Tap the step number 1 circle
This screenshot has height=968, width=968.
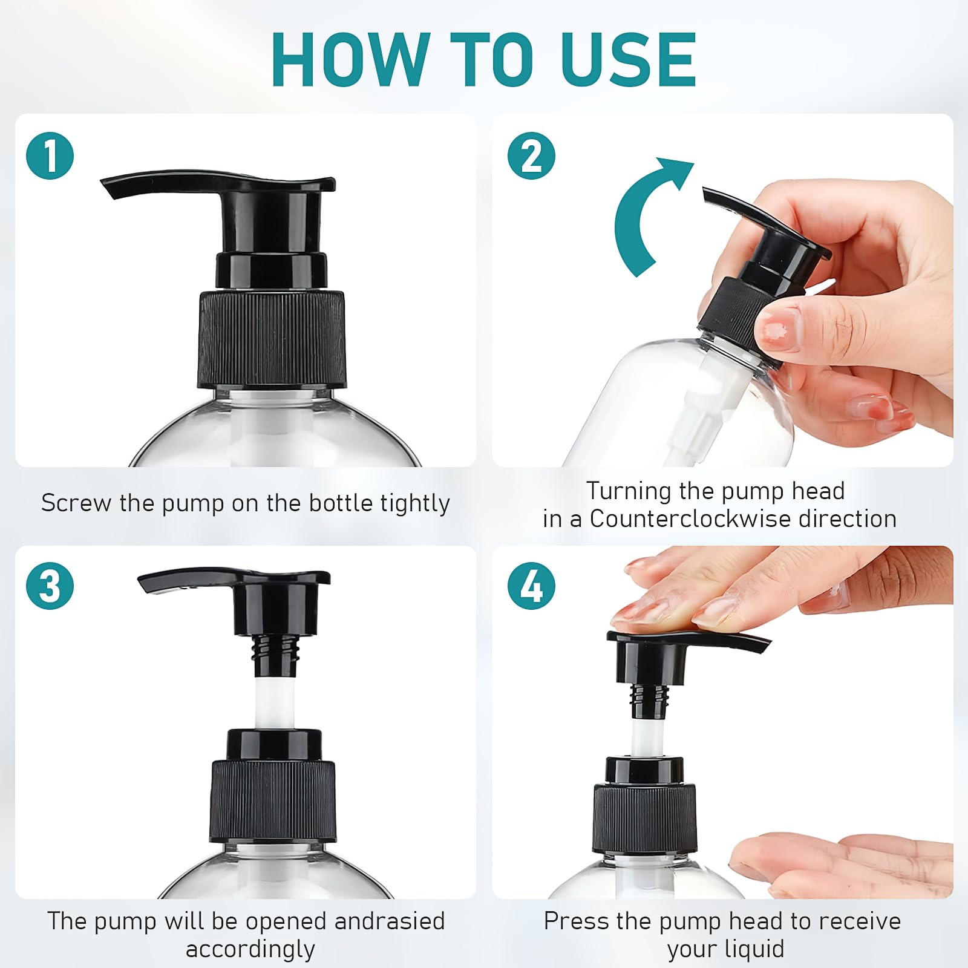click(50, 155)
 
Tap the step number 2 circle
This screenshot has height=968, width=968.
click(531, 155)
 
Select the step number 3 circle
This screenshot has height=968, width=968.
click(50, 586)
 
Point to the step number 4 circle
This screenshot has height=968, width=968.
click(531, 586)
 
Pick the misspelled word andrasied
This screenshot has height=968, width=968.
click(389, 921)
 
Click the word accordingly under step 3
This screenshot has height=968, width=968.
click(250, 949)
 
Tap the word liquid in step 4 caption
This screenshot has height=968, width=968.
click(756, 949)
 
